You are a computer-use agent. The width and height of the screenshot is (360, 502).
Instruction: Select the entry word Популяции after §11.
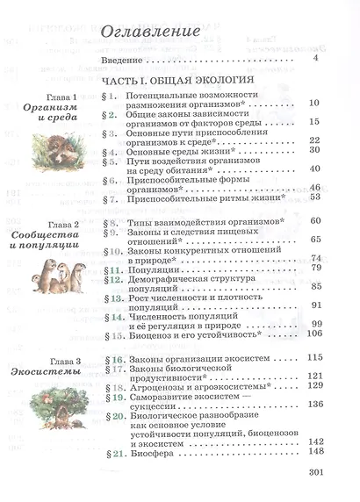[x=152, y=267]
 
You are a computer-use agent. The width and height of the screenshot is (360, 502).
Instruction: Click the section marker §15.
[x=111, y=333]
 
